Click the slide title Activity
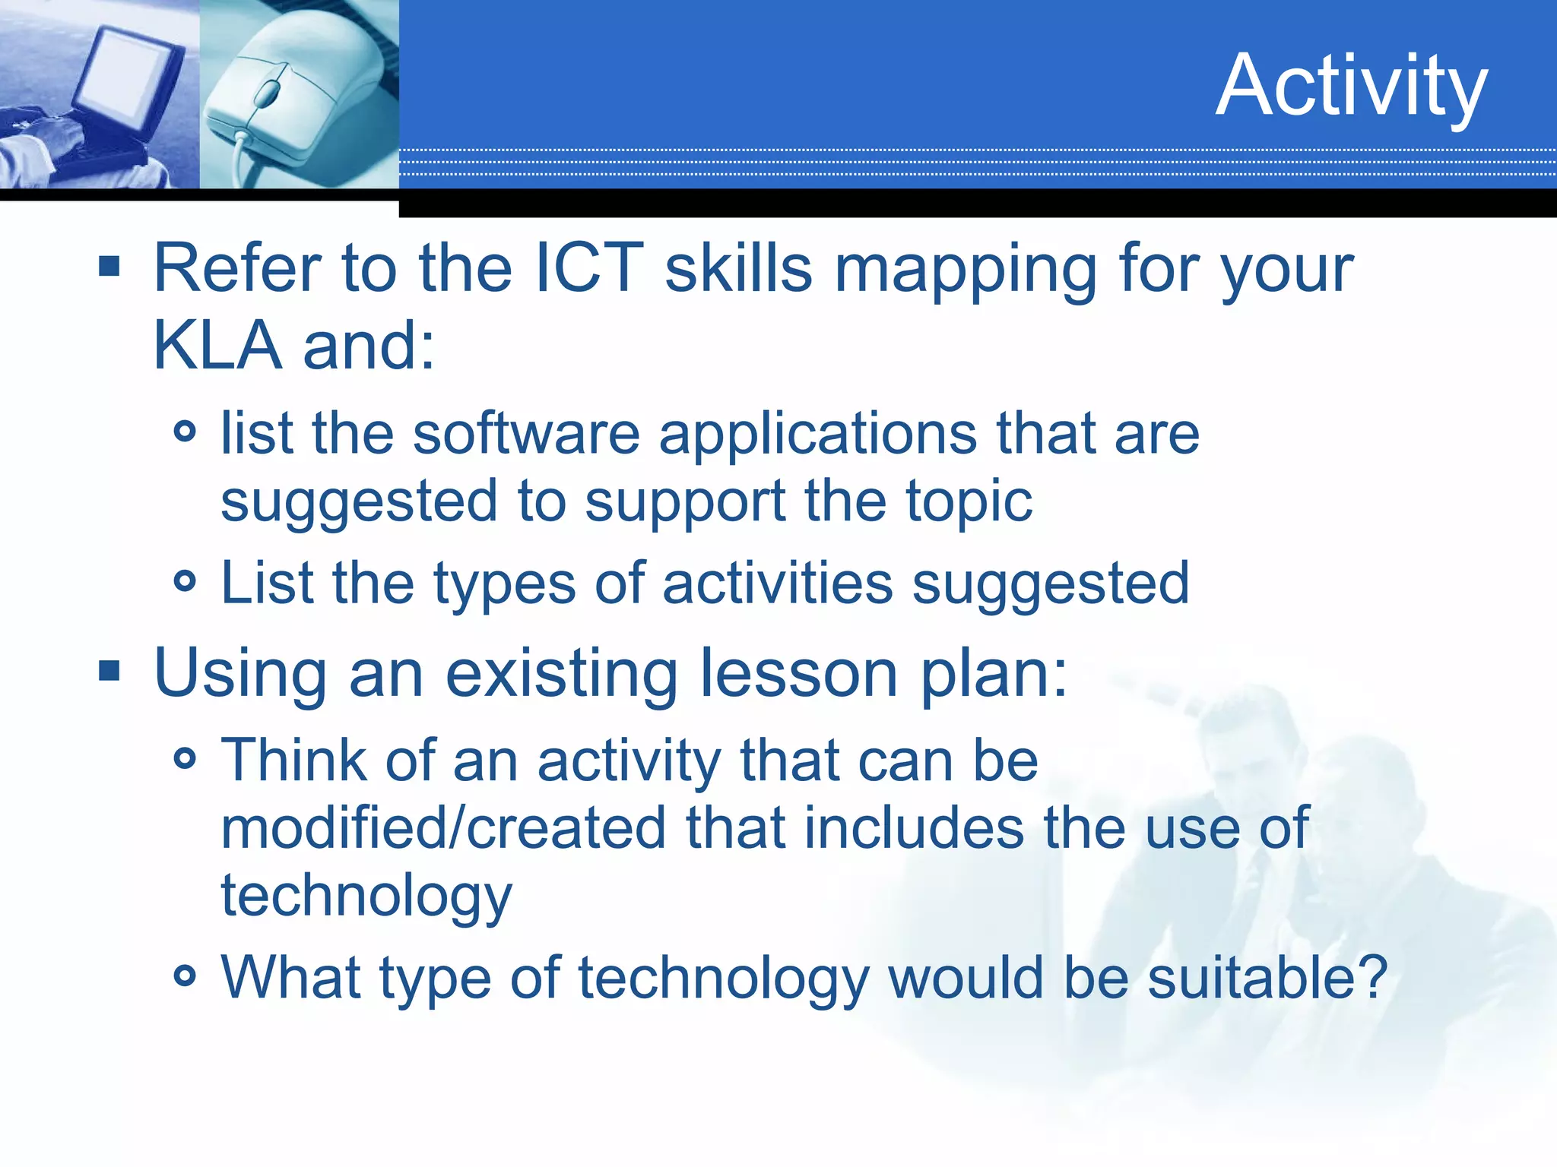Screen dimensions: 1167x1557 [x=1351, y=86]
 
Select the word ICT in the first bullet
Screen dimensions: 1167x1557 [x=589, y=267]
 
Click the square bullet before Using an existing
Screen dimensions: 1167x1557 [x=109, y=671]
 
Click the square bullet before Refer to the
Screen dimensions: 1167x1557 [x=109, y=266]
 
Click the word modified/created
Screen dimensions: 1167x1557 [x=443, y=828]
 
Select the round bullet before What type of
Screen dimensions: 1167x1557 [x=185, y=975]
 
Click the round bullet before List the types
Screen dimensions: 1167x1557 [x=185, y=582]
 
